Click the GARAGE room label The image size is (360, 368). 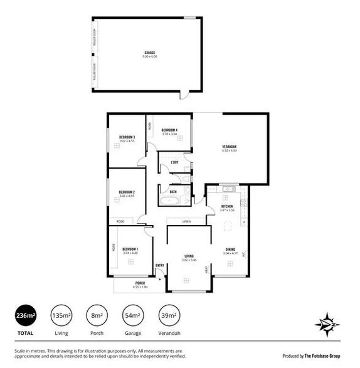tap(149, 53)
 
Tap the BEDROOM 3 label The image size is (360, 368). tap(127, 137)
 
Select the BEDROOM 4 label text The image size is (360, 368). tap(169, 130)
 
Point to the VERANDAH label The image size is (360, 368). tap(228, 147)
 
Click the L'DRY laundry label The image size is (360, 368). tap(175, 163)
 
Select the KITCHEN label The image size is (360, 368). tap(227, 206)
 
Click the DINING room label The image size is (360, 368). tap(230, 250)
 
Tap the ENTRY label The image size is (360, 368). tap(160, 265)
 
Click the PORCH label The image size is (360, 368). tap(140, 283)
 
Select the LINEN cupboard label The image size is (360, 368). tap(186, 222)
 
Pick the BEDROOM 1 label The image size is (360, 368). tap(130, 250)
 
